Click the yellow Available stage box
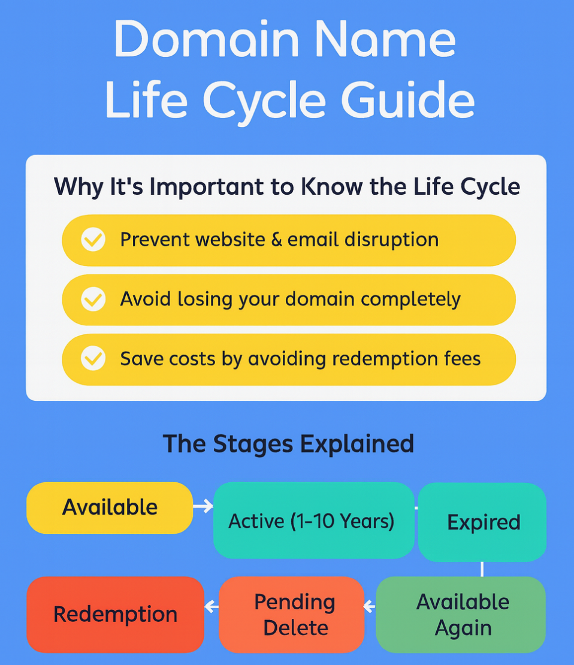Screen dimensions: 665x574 [110, 507]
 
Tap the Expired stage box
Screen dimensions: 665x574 [482, 522]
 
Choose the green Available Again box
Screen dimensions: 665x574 [461, 615]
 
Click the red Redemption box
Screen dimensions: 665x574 [115, 614]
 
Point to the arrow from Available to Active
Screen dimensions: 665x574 [204, 507]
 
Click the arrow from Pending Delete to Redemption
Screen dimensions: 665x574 [212, 607]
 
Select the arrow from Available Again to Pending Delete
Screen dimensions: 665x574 [370, 607]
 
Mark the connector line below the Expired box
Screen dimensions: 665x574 [482, 569]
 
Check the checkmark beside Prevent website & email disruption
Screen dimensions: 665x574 [93, 240]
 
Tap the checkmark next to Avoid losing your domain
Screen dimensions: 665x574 [93, 299]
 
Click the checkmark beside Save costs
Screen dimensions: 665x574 [93, 359]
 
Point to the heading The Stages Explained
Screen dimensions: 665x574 [288, 444]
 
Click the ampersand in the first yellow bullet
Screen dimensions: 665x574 [276, 240]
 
